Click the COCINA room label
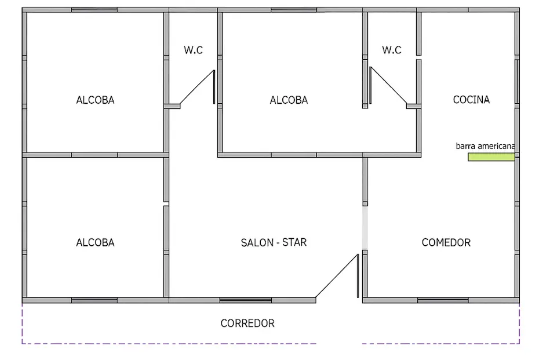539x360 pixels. pos(471,100)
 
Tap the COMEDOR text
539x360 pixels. pos(446,242)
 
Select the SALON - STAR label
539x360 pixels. pos(274,242)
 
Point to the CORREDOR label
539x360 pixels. pos(247,323)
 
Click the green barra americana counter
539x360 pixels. pos(491,157)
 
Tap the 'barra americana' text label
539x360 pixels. pos(485,147)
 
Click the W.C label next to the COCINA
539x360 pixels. pos(391,50)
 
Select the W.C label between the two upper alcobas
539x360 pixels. pos(194,50)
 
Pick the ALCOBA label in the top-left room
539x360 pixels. pos(95,100)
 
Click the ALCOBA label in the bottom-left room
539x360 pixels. pos(95,242)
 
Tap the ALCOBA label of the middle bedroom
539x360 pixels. pos(289,100)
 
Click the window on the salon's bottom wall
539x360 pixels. pos(245,300)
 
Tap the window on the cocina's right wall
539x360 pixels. pos(517,81)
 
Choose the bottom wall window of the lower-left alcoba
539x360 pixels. pos(94,300)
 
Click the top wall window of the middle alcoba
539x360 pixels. pos(293,10)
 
